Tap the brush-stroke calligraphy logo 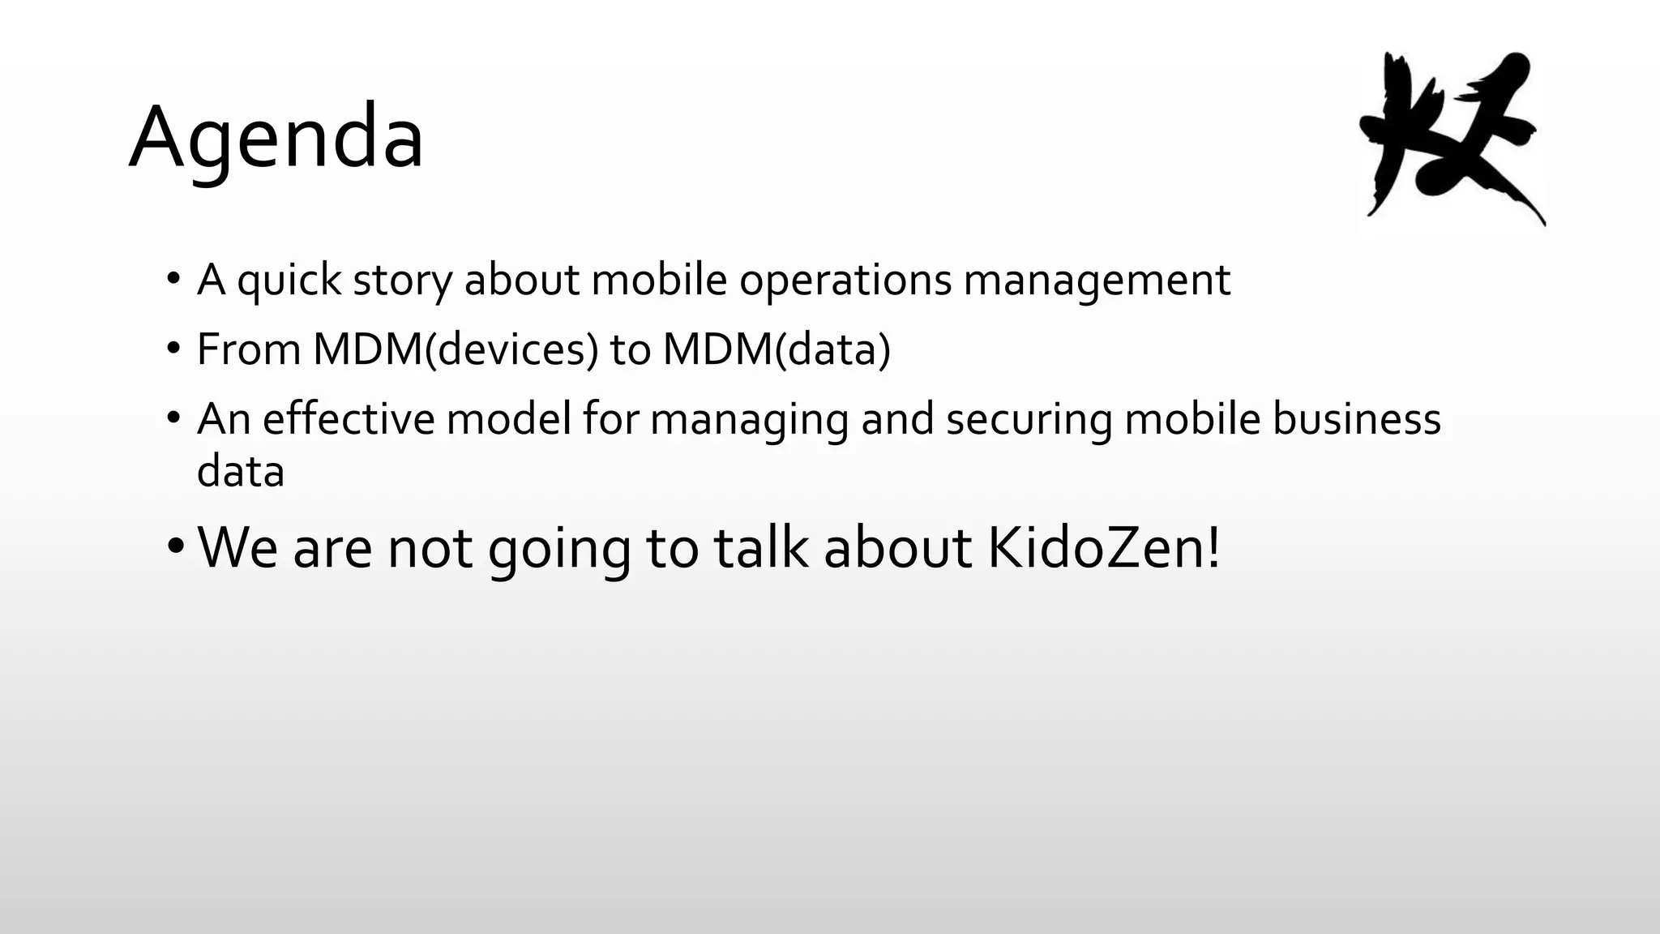[1451, 138]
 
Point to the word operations [845, 281]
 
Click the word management [1097, 281]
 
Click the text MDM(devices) [456, 349]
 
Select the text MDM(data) [777, 349]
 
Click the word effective [349, 419]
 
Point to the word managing [749, 421]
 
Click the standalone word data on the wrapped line [241, 471]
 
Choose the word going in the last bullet [559, 549]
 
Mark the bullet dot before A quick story [173, 279]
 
